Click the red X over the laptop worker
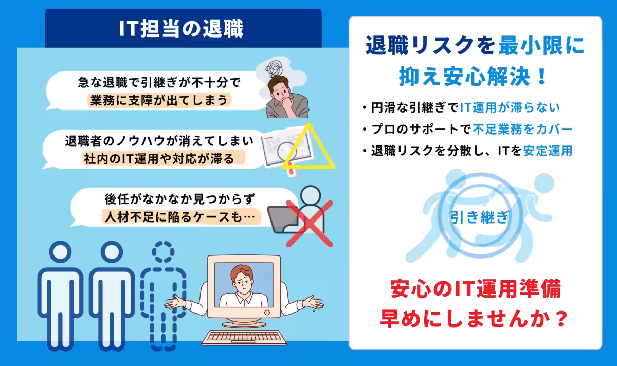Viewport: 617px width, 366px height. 308,223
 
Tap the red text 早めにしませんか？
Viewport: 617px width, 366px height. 474,320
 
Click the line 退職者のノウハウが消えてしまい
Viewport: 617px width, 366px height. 159,140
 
